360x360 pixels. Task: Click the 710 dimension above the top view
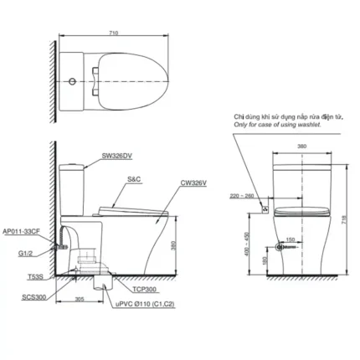[113, 33]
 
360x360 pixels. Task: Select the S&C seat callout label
[134, 178]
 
